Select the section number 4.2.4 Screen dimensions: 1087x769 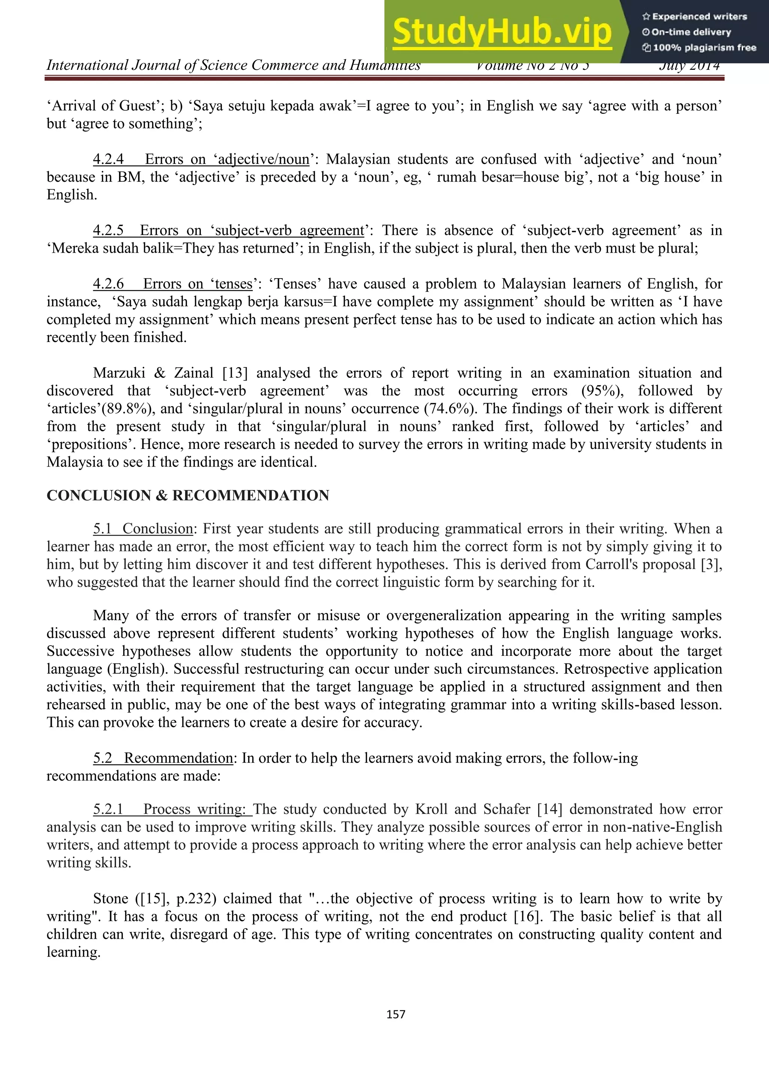(108, 159)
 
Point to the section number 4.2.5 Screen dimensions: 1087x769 (108, 230)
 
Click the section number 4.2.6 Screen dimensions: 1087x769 (108, 284)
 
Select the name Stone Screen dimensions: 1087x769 (111, 899)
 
